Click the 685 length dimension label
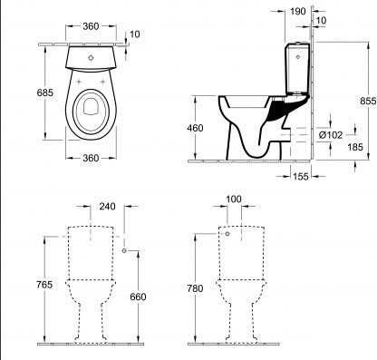tap(45, 92)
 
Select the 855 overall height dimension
tap(368, 101)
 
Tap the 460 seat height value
tap(195, 128)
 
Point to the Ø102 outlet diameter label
tap(331, 135)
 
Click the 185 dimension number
tap(355, 147)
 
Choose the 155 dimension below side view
tap(301, 176)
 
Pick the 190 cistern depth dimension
tap(298, 12)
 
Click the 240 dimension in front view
tap(107, 206)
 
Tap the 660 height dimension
tap(138, 297)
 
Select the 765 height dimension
tap(44, 285)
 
